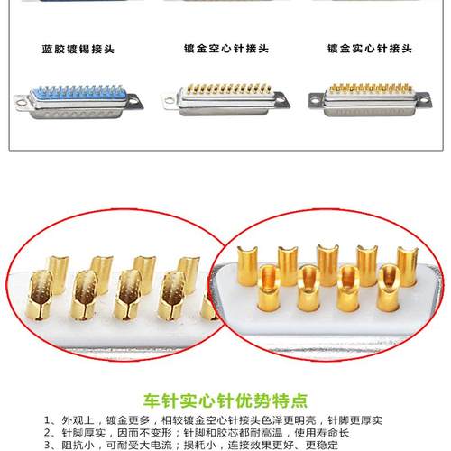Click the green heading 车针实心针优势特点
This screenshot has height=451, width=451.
click(x=225, y=399)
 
